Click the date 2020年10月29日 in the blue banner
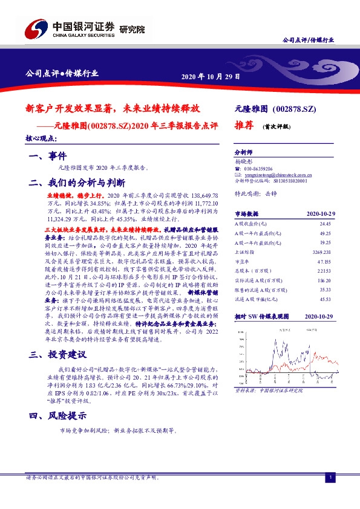(x=211, y=77)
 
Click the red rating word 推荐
(x=244, y=128)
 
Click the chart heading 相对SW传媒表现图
(x=260, y=316)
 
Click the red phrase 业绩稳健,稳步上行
(x=76, y=197)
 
